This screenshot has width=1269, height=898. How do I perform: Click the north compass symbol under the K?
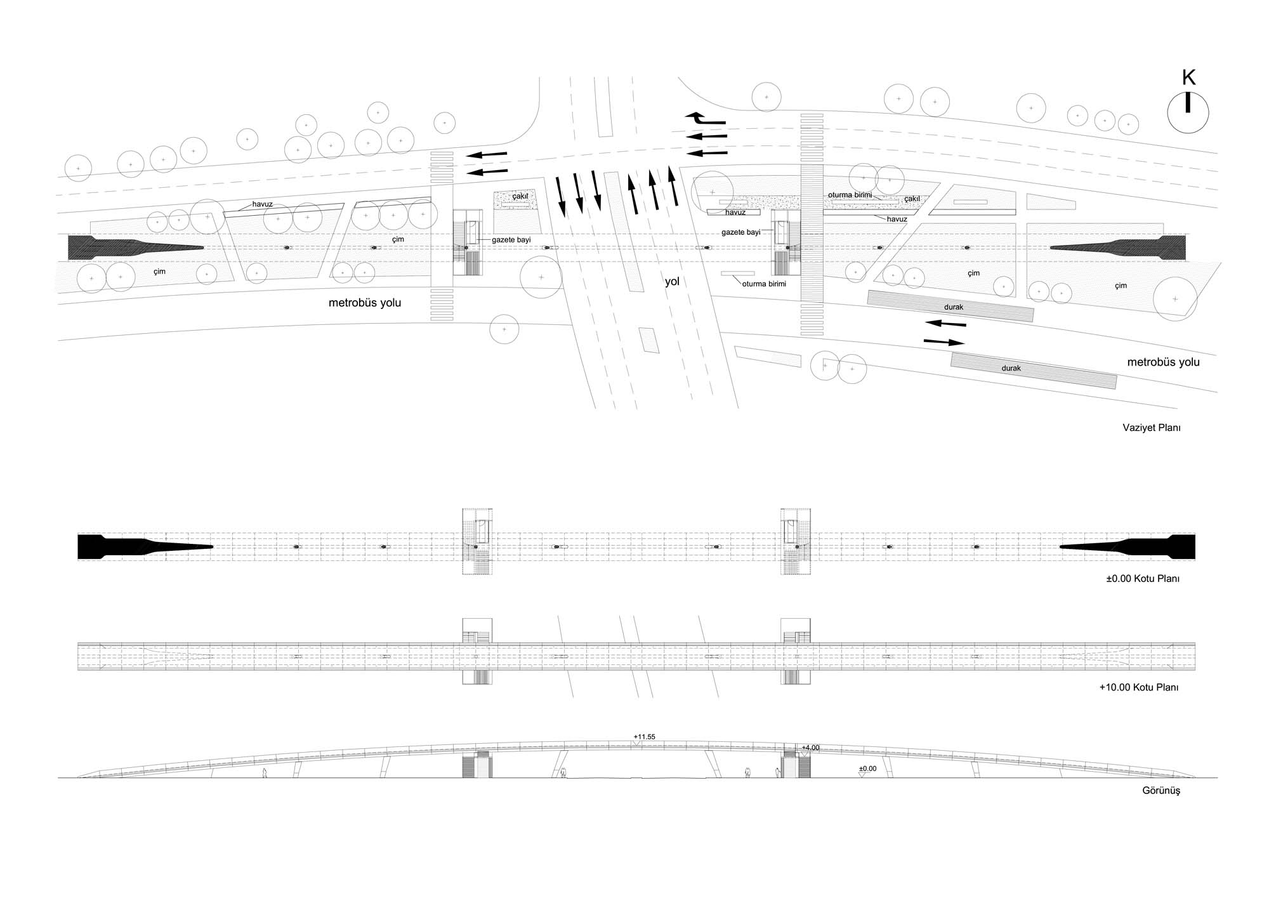[x=1188, y=112]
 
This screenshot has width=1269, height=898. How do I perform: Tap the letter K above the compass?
[x=1188, y=78]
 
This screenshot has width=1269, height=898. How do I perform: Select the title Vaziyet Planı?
[x=1152, y=428]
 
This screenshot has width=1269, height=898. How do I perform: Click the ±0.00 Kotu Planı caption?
[x=1142, y=579]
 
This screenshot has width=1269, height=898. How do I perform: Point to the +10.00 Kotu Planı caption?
[x=1139, y=687]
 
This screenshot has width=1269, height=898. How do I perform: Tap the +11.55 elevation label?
[x=644, y=737]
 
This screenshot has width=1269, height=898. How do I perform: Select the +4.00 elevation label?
[x=810, y=748]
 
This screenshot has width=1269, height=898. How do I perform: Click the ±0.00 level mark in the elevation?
[x=867, y=769]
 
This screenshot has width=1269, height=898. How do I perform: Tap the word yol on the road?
[x=672, y=282]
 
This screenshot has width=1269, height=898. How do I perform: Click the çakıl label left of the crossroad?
[x=520, y=197]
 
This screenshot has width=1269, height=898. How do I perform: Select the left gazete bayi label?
[x=511, y=240]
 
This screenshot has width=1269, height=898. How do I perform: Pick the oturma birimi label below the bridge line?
[x=764, y=284]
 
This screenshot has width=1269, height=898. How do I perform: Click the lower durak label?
[x=1011, y=368]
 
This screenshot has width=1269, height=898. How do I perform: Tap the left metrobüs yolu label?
[x=365, y=303]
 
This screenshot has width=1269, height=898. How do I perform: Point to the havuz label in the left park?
[x=262, y=204]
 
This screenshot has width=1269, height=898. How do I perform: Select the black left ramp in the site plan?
[x=136, y=247]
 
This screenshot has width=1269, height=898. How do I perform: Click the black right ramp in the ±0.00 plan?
[x=1128, y=546]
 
